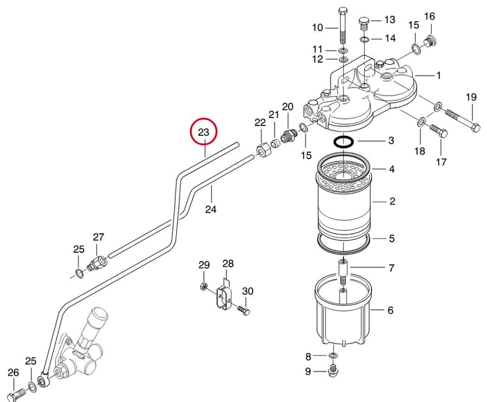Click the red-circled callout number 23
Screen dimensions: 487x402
pyautogui.click(x=203, y=132)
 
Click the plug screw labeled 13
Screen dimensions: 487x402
pyautogui.click(x=363, y=24)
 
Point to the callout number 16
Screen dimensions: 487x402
pyautogui.click(x=430, y=16)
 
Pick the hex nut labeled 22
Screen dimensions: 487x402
pyautogui.click(x=264, y=150)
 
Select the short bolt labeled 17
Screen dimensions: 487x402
pyautogui.click(x=438, y=132)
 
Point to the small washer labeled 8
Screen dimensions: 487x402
pyautogui.click(x=333, y=355)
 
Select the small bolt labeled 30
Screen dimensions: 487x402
pyautogui.click(x=243, y=311)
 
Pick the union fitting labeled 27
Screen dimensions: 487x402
pyautogui.click(x=97, y=263)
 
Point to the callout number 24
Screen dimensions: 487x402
pyautogui.click(x=211, y=209)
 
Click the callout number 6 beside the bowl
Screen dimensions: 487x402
pyautogui.click(x=390, y=310)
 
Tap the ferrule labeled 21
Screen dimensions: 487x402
pyautogui.click(x=275, y=144)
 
